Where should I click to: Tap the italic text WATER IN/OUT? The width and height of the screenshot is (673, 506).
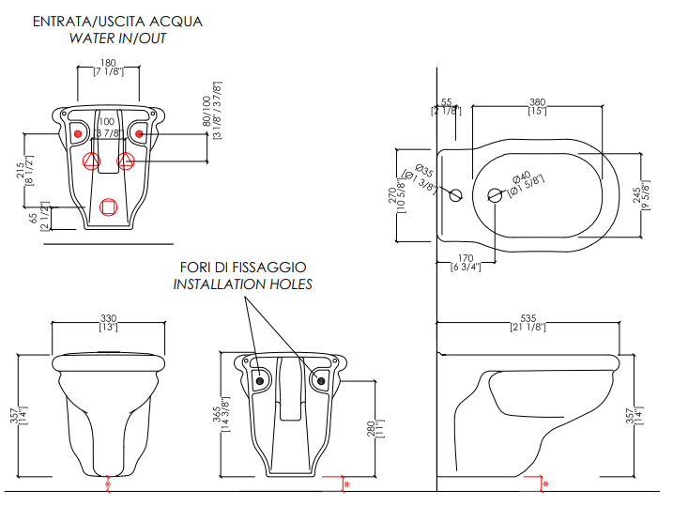pyautogui.click(x=117, y=38)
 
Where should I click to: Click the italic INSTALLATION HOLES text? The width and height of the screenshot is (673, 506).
pyautogui.click(x=243, y=284)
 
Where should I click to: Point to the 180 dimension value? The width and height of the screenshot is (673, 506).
pyautogui.click(x=108, y=64)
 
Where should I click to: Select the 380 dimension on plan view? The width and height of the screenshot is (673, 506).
pyautogui.click(x=537, y=101)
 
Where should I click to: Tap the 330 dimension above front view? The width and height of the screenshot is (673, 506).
pyautogui.click(x=108, y=318)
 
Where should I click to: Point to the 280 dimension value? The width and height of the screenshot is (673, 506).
pyautogui.click(x=371, y=428)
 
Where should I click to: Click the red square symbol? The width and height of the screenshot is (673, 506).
pyautogui.click(x=108, y=207)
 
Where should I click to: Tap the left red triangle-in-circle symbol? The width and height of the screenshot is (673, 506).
pyautogui.click(x=92, y=161)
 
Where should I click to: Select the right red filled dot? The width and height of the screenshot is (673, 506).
pyautogui.click(x=140, y=134)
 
